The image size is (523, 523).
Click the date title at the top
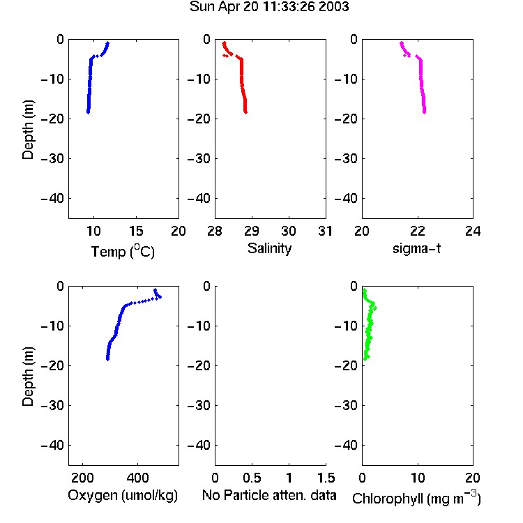click(269, 6)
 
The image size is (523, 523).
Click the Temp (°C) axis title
click(123, 251)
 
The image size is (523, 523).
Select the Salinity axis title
click(269, 248)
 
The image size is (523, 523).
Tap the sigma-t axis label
click(416, 248)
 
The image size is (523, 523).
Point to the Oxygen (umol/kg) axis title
click(123, 495)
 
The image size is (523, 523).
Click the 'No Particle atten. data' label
click(269, 495)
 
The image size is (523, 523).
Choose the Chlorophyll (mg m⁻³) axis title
click(416, 498)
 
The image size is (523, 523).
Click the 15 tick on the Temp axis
click(136, 231)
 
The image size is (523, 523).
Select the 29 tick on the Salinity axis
click(252, 231)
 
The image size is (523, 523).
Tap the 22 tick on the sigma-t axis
click(417, 231)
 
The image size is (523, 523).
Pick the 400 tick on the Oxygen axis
click(137, 478)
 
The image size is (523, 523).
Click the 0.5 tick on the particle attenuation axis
click(252, 478)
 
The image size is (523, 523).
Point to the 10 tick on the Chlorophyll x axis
click(418, 478)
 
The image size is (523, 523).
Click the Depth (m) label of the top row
click(28, 130)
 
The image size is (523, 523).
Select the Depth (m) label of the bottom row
click(28, 377)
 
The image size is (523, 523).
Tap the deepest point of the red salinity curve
click(245, 112)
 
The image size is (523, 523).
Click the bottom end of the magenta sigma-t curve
click(424, 112)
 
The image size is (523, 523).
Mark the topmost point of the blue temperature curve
click(107, 43)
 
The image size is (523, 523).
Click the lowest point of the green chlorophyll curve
click(365, 359)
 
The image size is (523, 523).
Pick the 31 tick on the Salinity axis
click(325, 231)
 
